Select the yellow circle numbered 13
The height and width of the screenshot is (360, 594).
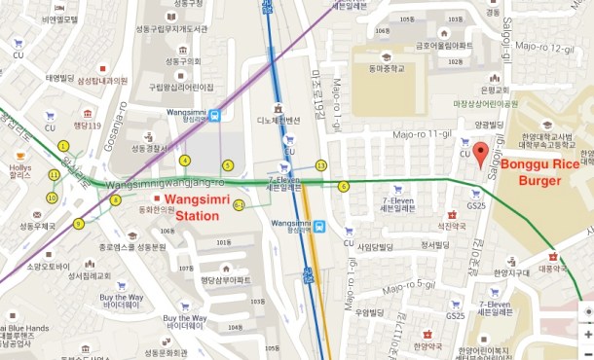[x=321, y=165]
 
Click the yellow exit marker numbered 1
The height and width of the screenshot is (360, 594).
[x=63, y=146]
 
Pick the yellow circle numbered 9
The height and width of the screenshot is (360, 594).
[x=79, y=224]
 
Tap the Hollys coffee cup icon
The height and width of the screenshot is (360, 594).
[x=19, y=156]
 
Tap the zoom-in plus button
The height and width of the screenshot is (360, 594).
[x=585, y=334]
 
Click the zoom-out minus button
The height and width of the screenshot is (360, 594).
[x=585, y=352]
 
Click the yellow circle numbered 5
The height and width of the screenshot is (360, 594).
[x=228, y=164]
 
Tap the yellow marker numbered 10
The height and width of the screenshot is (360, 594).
[x=51, y=198]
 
